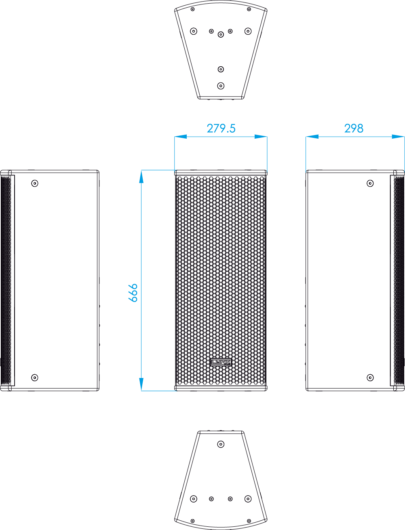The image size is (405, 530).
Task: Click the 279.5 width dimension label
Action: click(221, 128)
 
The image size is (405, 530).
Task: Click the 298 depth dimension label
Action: click(354, 128)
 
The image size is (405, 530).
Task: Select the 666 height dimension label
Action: click(133, 293)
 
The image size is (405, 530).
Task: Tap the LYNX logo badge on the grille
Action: click(221, 362)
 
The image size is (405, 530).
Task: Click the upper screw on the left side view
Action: click(35, 184)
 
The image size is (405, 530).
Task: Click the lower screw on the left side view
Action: click(35, 378)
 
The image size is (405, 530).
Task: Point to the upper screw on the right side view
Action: click(370, 184)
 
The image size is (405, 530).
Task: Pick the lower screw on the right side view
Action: click(370, 378)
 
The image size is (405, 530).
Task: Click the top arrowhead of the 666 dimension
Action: click(141, 177)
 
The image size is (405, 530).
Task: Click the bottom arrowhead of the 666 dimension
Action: click(141, 384)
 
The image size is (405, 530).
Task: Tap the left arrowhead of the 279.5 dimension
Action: click(181, 137)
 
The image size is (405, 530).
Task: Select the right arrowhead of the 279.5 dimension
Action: click(261, 137)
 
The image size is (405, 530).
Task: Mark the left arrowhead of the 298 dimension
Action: click(312, 137)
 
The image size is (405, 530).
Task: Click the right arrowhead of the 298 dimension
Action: click(398, 137)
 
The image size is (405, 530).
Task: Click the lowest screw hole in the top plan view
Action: click(221, 86)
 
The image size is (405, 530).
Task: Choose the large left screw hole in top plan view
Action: click(194, 31)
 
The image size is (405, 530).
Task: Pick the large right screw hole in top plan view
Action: click(248, 31)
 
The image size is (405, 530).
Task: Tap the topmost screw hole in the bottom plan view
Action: click(221, 444)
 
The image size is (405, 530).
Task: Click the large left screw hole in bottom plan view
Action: click(194, 498)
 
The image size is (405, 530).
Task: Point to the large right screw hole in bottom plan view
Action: click(248, 498)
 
